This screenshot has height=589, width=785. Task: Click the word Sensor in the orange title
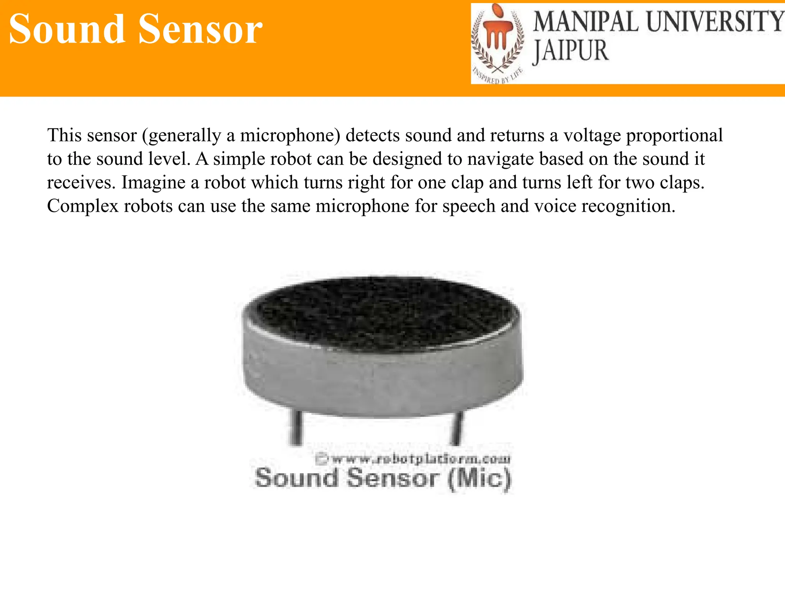click(200, 29)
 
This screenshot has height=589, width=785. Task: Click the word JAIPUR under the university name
click(571, 51)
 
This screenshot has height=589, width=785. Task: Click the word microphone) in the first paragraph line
click(290, 135)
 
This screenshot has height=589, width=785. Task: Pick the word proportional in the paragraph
click(675, 135)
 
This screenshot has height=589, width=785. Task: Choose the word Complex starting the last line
click(83, 206)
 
